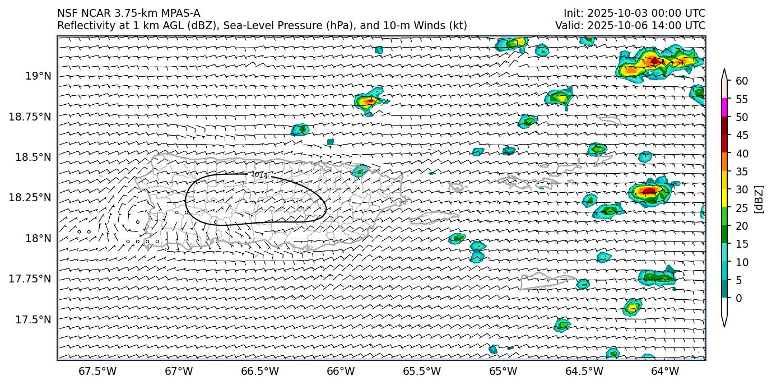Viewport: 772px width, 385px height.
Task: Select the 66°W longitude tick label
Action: [341, 371]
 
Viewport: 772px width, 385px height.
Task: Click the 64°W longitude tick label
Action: [665, 371]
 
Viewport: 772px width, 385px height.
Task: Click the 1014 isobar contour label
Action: [259, 175]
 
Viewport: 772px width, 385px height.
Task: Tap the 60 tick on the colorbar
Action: [742, 81]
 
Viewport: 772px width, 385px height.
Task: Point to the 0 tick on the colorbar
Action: [738, 298]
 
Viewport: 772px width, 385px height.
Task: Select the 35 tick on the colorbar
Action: [742, 171]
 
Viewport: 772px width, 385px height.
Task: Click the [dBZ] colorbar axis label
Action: [759, 199]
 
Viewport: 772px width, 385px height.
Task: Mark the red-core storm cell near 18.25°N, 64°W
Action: [649, 192]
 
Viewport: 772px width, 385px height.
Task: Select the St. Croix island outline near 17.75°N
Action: [541, 280]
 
